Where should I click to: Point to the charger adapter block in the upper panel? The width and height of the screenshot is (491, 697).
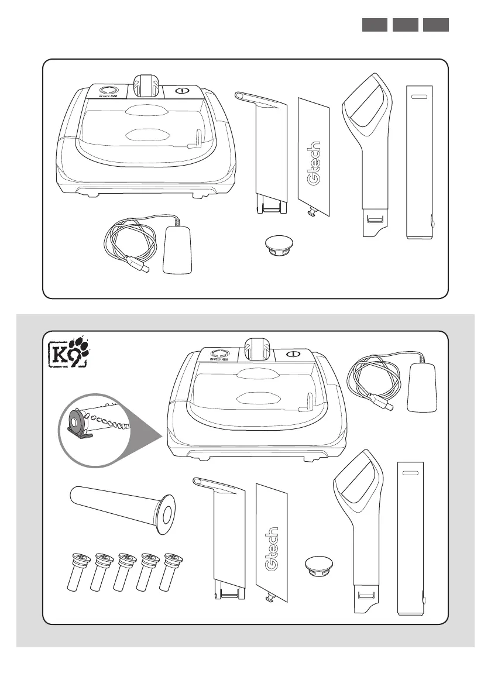(178, 250)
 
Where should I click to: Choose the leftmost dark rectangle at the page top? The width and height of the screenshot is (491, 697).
(375, 25)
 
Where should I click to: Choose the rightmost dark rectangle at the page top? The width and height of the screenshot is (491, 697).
(435, 25)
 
